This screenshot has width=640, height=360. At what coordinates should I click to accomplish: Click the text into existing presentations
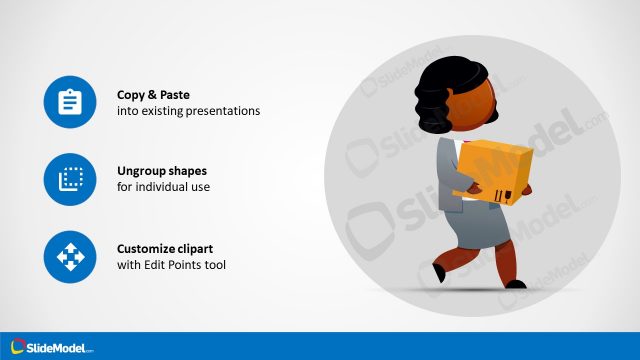(x=188, y=111)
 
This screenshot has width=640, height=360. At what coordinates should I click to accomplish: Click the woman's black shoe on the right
(x=516, y=284)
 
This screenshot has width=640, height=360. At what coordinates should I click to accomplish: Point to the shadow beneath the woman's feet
(x=470, y=291)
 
